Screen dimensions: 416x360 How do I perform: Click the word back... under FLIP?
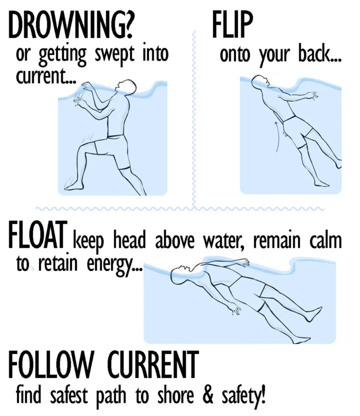coord(321,55)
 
